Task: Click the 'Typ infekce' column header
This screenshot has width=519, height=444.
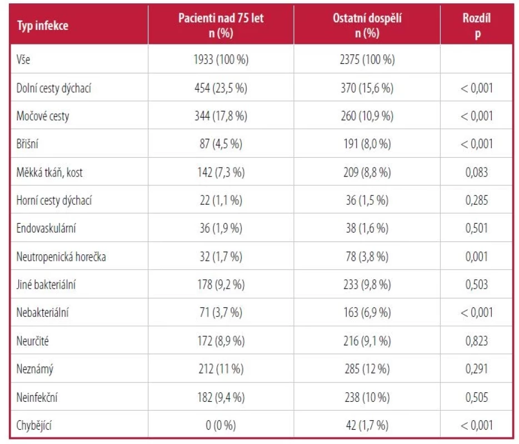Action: tap(43, 26)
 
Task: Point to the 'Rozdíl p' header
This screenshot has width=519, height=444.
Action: tap(477, 26)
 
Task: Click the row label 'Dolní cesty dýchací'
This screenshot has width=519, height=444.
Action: tap(53, 88)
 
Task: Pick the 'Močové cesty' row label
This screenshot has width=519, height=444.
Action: tap(43, 117)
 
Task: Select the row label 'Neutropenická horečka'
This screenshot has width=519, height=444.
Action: tap(61, 257)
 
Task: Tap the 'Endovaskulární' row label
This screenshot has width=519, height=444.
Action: tap(46, 228)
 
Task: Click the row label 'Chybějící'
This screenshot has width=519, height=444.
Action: tap(34, 425)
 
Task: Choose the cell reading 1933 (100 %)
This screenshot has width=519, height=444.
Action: tap(221, 59)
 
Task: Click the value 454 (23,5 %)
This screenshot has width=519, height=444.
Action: tap(221, 88)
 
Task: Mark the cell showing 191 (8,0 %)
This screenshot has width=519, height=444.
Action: tap(367, 144)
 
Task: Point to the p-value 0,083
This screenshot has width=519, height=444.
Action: tap(477, 172)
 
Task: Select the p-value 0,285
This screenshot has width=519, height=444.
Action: tap(477, 200)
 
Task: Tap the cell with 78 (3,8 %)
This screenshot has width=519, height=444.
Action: tap(367, 256)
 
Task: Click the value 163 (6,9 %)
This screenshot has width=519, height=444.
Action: tap(367, 312)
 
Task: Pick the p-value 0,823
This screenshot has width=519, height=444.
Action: tap(477, 341)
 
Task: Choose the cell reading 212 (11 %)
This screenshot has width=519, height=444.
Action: tap(221, 369)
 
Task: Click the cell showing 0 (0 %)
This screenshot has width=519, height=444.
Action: tap(221, 425)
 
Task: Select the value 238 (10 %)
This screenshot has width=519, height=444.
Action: tap(367, 397)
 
